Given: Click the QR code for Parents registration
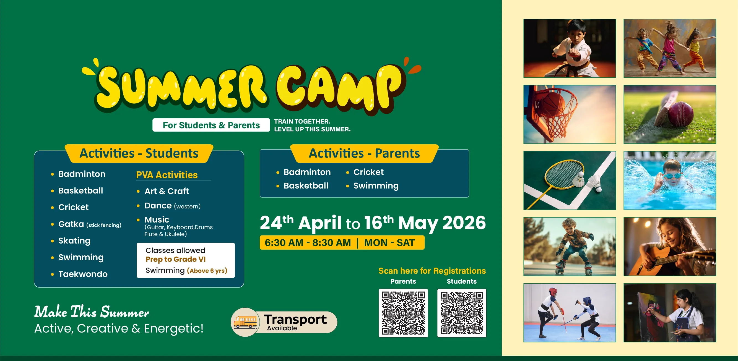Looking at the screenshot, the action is tap(403, 313).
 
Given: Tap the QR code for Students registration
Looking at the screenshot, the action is tap(462, 313).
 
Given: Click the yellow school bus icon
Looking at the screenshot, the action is tap(245, 322).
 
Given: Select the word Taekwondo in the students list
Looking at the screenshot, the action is tap(83, 274).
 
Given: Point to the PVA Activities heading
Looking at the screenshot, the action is tap(167, 175).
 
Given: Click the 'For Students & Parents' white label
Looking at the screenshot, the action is tap(211, 125).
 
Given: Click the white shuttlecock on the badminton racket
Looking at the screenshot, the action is tap(579, 179).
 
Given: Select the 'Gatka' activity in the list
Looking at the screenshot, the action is tap(71, 224).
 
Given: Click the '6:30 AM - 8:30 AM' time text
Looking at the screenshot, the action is tap(308, 243).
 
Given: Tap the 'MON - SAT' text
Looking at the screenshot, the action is tap(389, 243).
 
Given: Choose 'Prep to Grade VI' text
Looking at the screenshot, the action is tap(176, 259).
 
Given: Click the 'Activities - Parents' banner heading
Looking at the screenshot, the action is tap(364, 153).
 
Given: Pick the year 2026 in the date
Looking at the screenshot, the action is tap(464, 223).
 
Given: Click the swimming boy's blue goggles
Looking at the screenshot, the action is tap(672, 175).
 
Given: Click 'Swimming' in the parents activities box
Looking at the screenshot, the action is tap(376, 186).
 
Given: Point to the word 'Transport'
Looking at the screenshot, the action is tap(295, 319).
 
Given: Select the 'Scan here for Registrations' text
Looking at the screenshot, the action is tap(432, 271).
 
